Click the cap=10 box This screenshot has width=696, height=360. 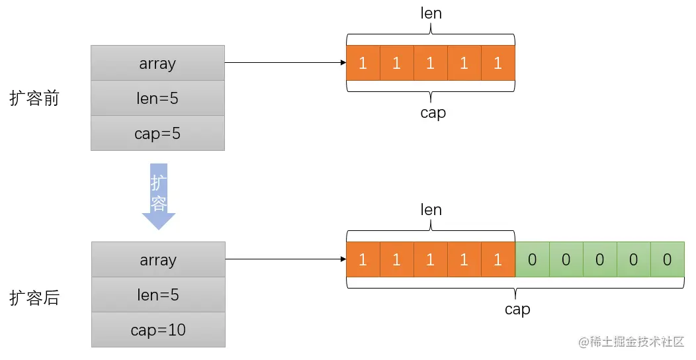point(158,330)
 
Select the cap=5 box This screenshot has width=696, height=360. point(158,133)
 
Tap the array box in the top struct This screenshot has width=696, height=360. point(158,63)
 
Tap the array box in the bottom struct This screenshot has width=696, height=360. point(158,259)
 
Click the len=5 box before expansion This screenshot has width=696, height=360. point(158,98)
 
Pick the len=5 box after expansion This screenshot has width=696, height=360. point(158,294)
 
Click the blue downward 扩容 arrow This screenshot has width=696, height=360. point(158,196)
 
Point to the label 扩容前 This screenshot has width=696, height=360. point(34,99)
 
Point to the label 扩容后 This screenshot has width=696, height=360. point(34,298)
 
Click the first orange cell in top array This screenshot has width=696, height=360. point(363,63)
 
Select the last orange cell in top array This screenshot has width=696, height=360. point(498,63)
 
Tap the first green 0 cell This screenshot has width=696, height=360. point(532,259)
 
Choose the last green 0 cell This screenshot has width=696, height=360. point(667,259)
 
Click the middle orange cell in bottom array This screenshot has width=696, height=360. point(431,259)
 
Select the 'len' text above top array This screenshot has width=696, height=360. point(431,13)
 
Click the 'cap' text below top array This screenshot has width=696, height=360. point(433,112)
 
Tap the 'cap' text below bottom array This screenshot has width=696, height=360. point(517,309)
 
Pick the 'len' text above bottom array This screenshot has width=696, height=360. point(431,210)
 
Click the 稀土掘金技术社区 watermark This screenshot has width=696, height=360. point(631,342)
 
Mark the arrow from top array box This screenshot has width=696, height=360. point(284,63)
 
